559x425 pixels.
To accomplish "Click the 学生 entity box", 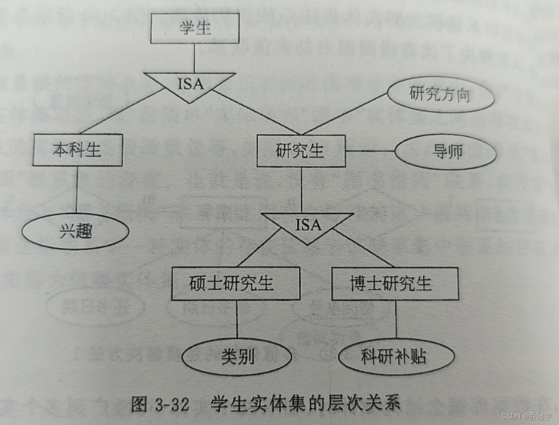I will [195, 28].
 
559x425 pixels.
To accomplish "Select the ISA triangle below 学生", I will [190, 85].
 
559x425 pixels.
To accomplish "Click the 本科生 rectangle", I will [78, 150].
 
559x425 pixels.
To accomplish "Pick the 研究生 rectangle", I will [301, 151].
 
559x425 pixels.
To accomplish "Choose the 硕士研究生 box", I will [236, 283].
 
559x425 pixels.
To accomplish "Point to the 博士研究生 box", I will [395, 283].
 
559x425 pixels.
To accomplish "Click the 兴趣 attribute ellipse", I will [76, 231].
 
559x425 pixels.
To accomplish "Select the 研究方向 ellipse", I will [440, 94].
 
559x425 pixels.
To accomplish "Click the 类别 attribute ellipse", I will [237, 356].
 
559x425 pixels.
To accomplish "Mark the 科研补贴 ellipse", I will [397, 356].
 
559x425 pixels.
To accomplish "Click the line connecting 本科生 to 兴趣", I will [77, 190].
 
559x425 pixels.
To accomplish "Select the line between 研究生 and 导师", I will [370, 151].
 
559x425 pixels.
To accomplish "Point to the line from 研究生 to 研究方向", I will [346, 113].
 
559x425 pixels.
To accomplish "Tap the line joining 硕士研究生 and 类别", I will [237, 319].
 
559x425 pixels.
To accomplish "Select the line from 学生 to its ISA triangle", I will [195, 58].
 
